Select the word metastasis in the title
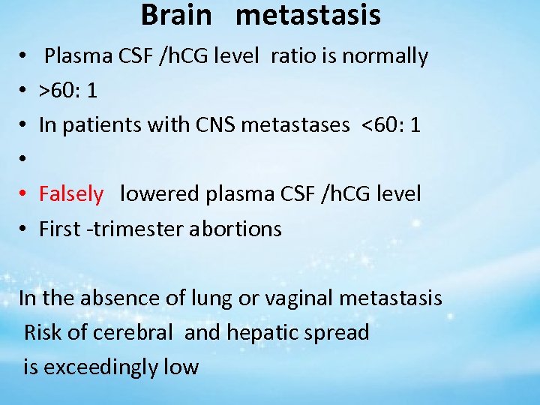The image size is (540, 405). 307,15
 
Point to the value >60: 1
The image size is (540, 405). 68,91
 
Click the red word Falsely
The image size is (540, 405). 71,194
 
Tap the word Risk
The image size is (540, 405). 43,332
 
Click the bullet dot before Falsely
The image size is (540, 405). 25,195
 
